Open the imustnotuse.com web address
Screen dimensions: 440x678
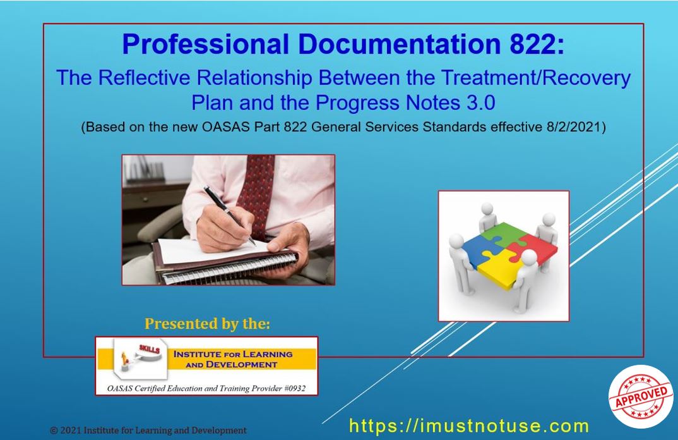pyautogui.click(x=469, y=425)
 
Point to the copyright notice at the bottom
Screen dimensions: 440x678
pyautogui.click(x=148, y=431)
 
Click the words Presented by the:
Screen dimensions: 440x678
pyautogui.click(x=207, y=324)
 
